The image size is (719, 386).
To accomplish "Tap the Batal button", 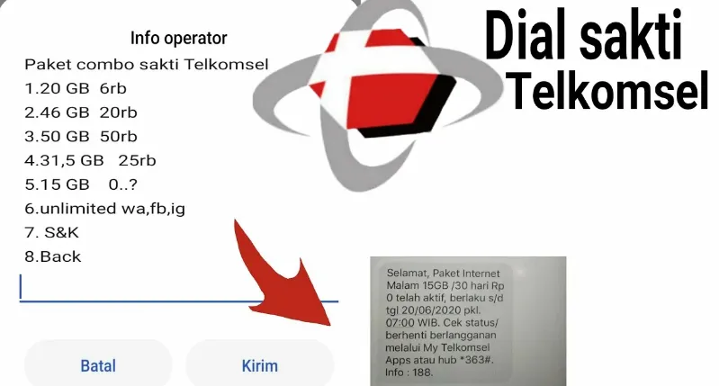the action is pyautogui.click(x=98, y=365).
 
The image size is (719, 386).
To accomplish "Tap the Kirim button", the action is pyautogui.click(x=259, y=365).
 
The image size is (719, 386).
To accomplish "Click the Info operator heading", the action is pyautogui.click(x=178, y=38).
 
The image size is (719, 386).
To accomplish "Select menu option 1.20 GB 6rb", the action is pyautogui.click(x=76, y=88).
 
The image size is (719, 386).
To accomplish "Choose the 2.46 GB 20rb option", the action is pyautogui.click(x=81, y=112).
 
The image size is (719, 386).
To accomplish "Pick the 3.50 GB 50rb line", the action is pyautogui.click(x=81, y=136).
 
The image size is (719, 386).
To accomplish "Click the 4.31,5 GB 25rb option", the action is pyautogui.click(x=90, y=160).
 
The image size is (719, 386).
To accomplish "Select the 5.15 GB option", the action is pyautogui.click(x=81, y=184).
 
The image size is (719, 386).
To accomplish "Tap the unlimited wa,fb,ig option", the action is pyautogui.click(x=105, y=209).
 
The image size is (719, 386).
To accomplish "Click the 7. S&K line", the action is pyautogui.click(x=52, y=232).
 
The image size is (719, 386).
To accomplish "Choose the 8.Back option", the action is pyautogui.click(x=53, y=256).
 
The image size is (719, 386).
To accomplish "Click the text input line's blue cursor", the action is pyautogui.click(x=20, y=286).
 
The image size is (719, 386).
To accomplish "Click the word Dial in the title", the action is pyautogui.click(x=526, y=38).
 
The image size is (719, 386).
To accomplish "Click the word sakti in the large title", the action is pyautogui.click(x=631, y=38).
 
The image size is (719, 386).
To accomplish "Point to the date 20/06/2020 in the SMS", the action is pyautogui.click(x=426, y=310).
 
